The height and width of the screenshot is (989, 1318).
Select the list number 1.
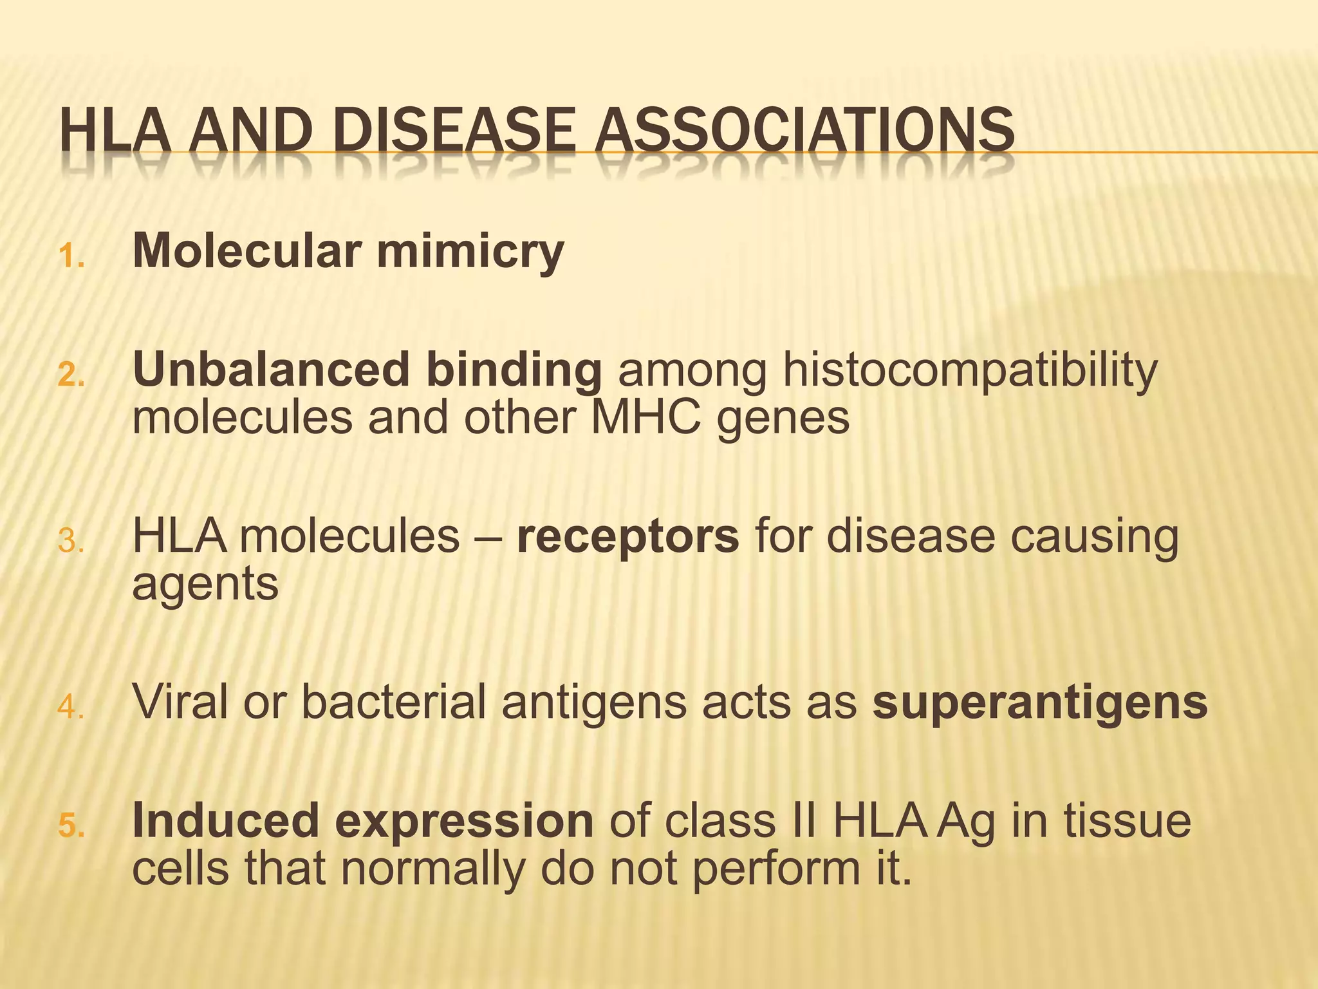click(71, 258)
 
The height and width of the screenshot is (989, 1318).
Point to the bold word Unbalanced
click(270, 370)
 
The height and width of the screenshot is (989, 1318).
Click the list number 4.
click(71, 708)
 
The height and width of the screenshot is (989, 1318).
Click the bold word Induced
click(225, 821)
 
